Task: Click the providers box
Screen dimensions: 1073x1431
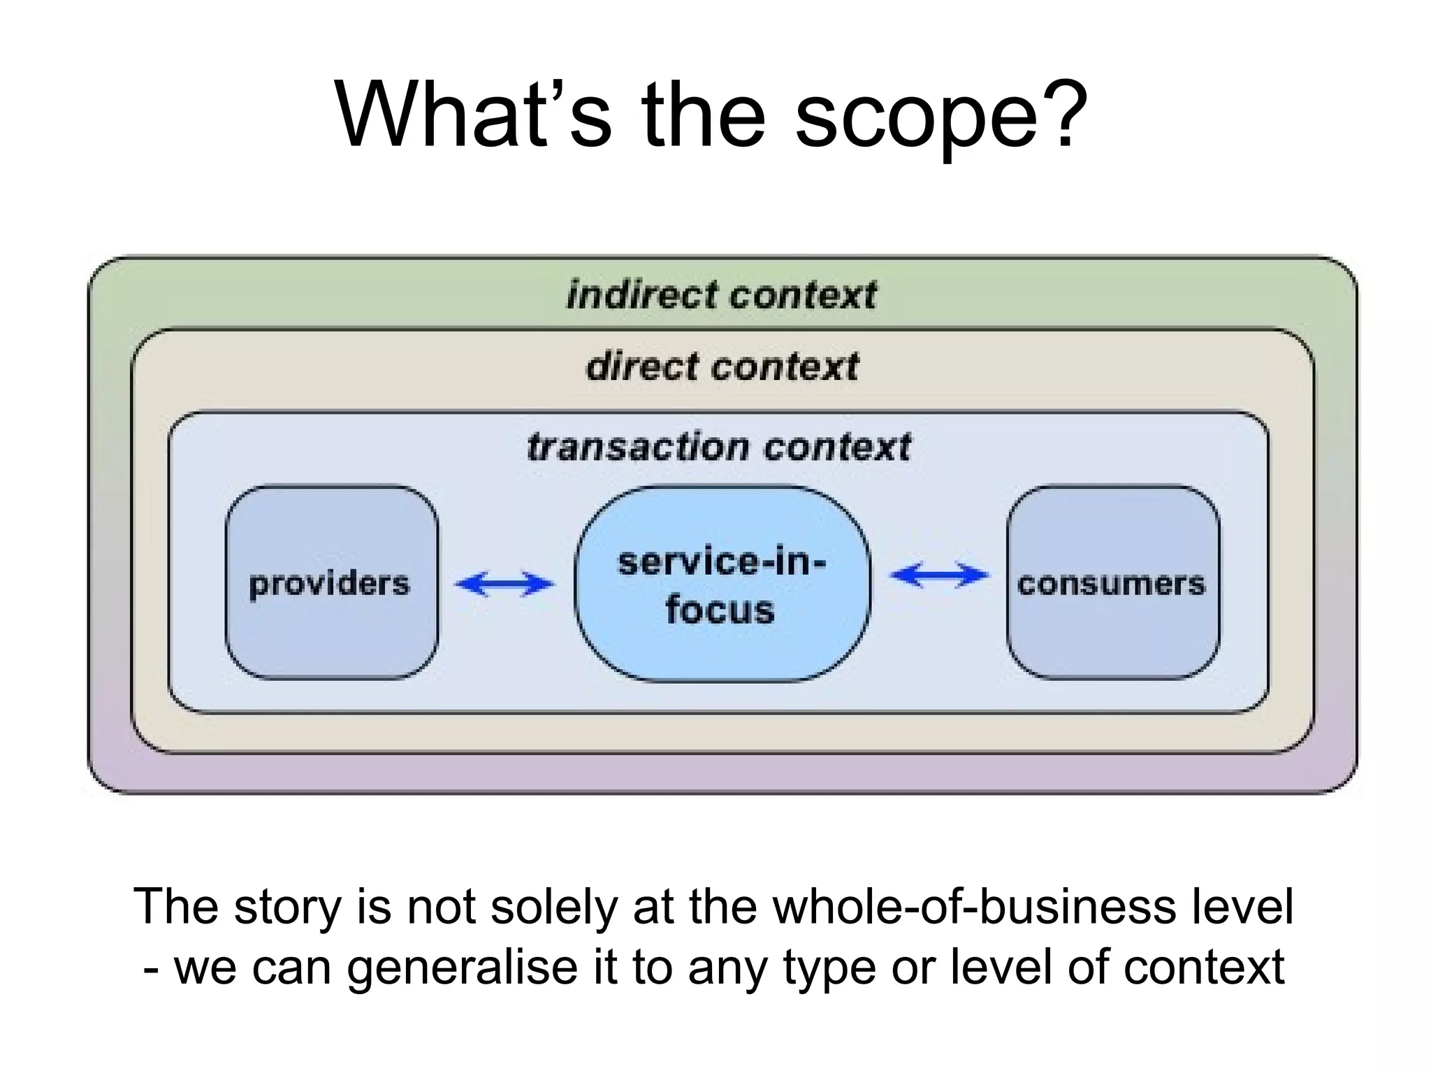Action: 331,583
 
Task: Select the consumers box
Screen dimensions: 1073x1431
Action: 1112,583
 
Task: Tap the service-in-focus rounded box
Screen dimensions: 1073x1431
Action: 722,584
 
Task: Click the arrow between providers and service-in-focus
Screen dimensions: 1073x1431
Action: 504,583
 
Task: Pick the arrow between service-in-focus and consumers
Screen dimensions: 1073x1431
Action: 940,576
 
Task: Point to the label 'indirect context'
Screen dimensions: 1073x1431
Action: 722,295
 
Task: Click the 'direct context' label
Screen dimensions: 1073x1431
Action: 722,367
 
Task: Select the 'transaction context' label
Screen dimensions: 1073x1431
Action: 719,447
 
